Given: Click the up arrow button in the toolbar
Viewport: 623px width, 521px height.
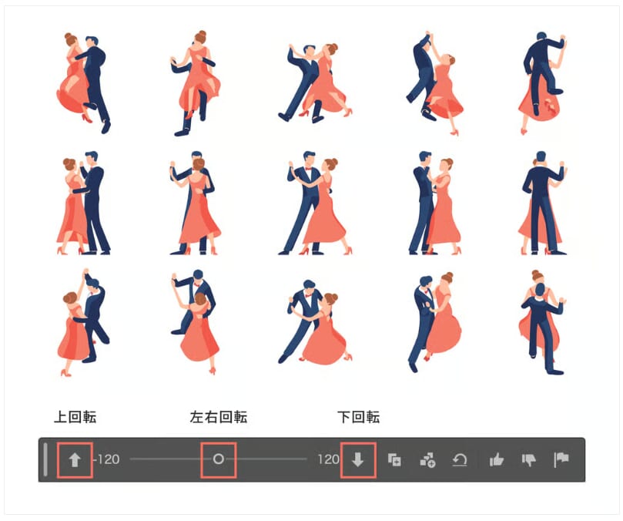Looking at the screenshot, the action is coord(75,460).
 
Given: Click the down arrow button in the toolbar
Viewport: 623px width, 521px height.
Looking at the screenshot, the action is coord(357,459).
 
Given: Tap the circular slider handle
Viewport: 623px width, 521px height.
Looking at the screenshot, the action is coord(219,459).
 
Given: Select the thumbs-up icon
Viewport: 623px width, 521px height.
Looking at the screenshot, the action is coord(496,460).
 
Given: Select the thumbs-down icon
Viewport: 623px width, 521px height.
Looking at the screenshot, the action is coord(529,460).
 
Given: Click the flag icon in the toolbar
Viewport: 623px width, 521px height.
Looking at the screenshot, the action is coord(561,460).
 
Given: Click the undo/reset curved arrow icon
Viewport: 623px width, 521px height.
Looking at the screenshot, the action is coord(460,460).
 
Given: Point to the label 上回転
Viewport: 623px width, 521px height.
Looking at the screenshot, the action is coord(75,417).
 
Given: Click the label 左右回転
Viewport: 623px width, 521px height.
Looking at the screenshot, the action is coord(219,417).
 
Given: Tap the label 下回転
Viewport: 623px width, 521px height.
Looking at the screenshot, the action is coord(358,417).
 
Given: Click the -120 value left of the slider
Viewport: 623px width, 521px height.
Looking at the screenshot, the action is coord(106,459).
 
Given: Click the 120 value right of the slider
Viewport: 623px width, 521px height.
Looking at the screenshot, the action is coord(328,459).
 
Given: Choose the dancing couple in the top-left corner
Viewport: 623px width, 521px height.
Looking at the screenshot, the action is coord(83,82).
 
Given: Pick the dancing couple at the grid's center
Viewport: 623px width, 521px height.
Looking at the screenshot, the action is coord(315,203).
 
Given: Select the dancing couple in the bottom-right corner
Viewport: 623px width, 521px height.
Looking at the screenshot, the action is coord(542,323).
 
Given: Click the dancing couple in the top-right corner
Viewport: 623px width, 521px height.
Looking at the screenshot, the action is coord(542,82).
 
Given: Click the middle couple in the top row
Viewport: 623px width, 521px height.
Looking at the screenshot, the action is coord(315,82).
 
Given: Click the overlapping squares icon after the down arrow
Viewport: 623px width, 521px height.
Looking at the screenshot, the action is coord(394,460).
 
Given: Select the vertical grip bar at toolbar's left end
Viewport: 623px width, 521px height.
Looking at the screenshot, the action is coord(45,459).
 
